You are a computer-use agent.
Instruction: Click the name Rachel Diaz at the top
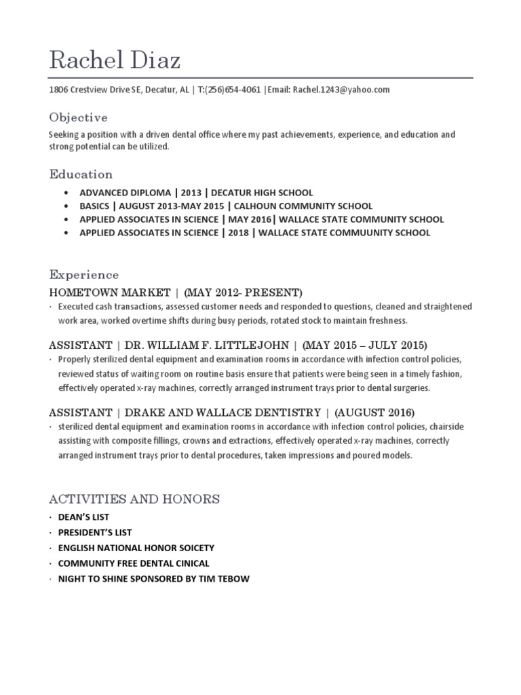[115, 60]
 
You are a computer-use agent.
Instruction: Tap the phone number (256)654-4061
[233, 90]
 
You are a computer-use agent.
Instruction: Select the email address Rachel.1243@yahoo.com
[341, 90]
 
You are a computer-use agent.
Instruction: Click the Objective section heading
[78, 117]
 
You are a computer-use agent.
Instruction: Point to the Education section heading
[81, 174]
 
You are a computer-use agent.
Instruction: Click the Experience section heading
[83, 275]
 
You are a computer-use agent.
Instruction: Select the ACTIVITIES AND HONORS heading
[134, 500]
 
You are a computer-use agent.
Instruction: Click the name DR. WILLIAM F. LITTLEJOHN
[210, 344]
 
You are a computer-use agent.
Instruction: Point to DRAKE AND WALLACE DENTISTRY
[223, 412]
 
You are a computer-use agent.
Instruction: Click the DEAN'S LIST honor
[83, 517]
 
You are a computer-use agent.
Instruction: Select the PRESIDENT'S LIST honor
[95, 533]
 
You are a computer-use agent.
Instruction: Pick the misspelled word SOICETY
[192, 548]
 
